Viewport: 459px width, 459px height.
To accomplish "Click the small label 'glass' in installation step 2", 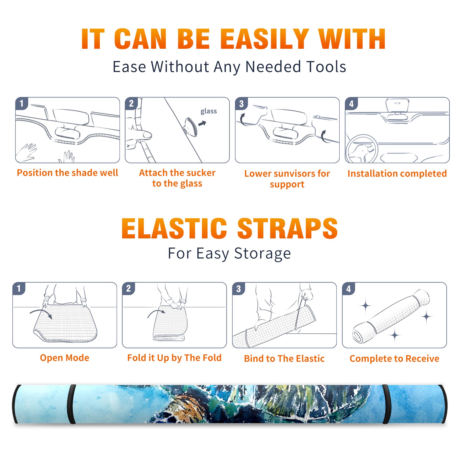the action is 209,111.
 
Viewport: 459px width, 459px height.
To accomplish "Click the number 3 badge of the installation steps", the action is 241,104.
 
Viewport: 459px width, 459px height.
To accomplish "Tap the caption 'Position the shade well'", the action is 67,173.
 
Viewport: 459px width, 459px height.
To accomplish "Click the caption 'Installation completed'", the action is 397,174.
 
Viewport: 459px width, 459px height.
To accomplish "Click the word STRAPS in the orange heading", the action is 287,228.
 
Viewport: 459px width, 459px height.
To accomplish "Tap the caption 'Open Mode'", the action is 65,358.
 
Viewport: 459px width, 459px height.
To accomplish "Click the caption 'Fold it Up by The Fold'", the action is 174,358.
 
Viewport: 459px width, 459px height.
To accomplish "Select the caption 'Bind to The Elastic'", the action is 284,359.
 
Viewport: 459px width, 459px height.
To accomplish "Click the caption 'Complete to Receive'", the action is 394,359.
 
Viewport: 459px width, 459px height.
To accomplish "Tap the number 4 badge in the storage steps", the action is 349,289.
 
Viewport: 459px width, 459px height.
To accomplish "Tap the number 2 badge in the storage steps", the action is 129,289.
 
